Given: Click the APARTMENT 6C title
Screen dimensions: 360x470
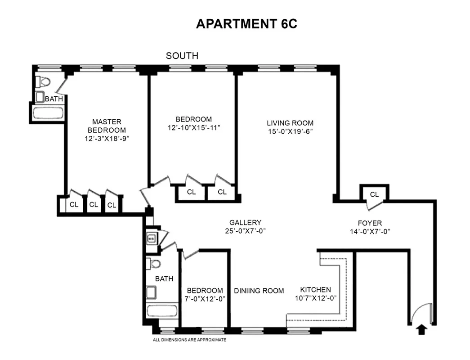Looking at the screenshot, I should click(x=246, y=24).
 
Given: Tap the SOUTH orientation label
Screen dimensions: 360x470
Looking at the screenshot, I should click(x=182, y=56).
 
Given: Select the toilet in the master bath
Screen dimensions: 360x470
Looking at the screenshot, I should click(x=44, y=82).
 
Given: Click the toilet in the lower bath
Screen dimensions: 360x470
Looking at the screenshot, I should click(x=154, y=264).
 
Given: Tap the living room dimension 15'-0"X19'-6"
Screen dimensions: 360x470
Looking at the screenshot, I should click(x=290, y=132).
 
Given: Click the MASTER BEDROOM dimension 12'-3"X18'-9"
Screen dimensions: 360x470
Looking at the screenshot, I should click(x=107, y=139).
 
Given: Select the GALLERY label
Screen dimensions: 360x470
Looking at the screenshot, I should click(x=245, y=223).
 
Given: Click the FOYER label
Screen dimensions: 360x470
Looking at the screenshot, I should click(x=370, y=223).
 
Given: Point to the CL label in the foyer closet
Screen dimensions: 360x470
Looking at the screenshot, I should click(x=374, y=194).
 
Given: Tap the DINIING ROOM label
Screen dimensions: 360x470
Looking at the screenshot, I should click(x=259, y=291).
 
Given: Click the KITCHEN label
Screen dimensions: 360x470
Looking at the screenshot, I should click(x=315, y=290).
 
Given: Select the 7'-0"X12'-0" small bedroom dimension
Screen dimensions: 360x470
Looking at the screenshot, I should click(x=205, y=299).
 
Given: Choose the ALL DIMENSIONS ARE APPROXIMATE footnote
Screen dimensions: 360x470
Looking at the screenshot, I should click(x=189, y=340).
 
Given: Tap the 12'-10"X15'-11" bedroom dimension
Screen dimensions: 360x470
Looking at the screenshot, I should click(x=193, y=128).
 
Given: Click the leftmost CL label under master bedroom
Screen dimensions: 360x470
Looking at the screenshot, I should click(x=74, y=204).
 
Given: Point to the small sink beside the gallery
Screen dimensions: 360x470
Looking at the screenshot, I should click(x=152, y=238).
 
